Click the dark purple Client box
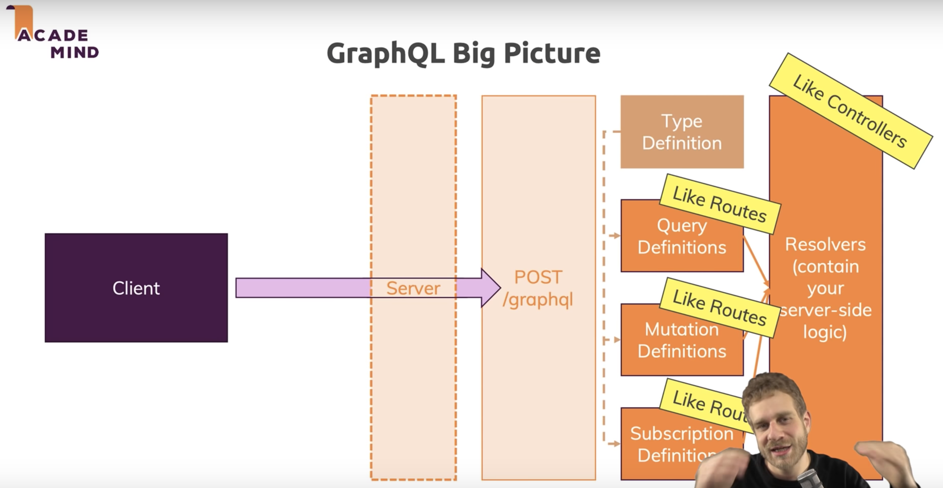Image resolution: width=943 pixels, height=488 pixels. click(136, 288)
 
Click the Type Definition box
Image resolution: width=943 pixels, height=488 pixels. click(682, 132)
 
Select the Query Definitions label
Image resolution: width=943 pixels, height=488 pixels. click(682, 237)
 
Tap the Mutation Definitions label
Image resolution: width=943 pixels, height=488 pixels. click(682, 341)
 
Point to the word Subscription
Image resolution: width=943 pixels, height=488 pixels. click(682, 433)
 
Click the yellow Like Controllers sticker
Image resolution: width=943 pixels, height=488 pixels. click(850, 111)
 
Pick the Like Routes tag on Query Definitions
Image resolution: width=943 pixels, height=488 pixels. click(719, 204)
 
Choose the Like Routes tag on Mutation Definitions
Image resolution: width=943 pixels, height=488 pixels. click(719, 308)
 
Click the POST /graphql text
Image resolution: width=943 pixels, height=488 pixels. click(538, 289)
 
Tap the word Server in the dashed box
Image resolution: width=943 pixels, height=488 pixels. click(413, 289)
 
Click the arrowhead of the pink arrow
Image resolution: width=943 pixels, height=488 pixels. click(490, 288)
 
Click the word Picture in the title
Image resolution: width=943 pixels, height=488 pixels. click(552, 54)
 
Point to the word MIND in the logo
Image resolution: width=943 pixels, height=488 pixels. click(75, 52)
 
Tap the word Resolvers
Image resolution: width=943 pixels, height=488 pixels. click(825, 244)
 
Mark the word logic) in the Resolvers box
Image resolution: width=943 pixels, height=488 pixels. click(825, 332)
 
